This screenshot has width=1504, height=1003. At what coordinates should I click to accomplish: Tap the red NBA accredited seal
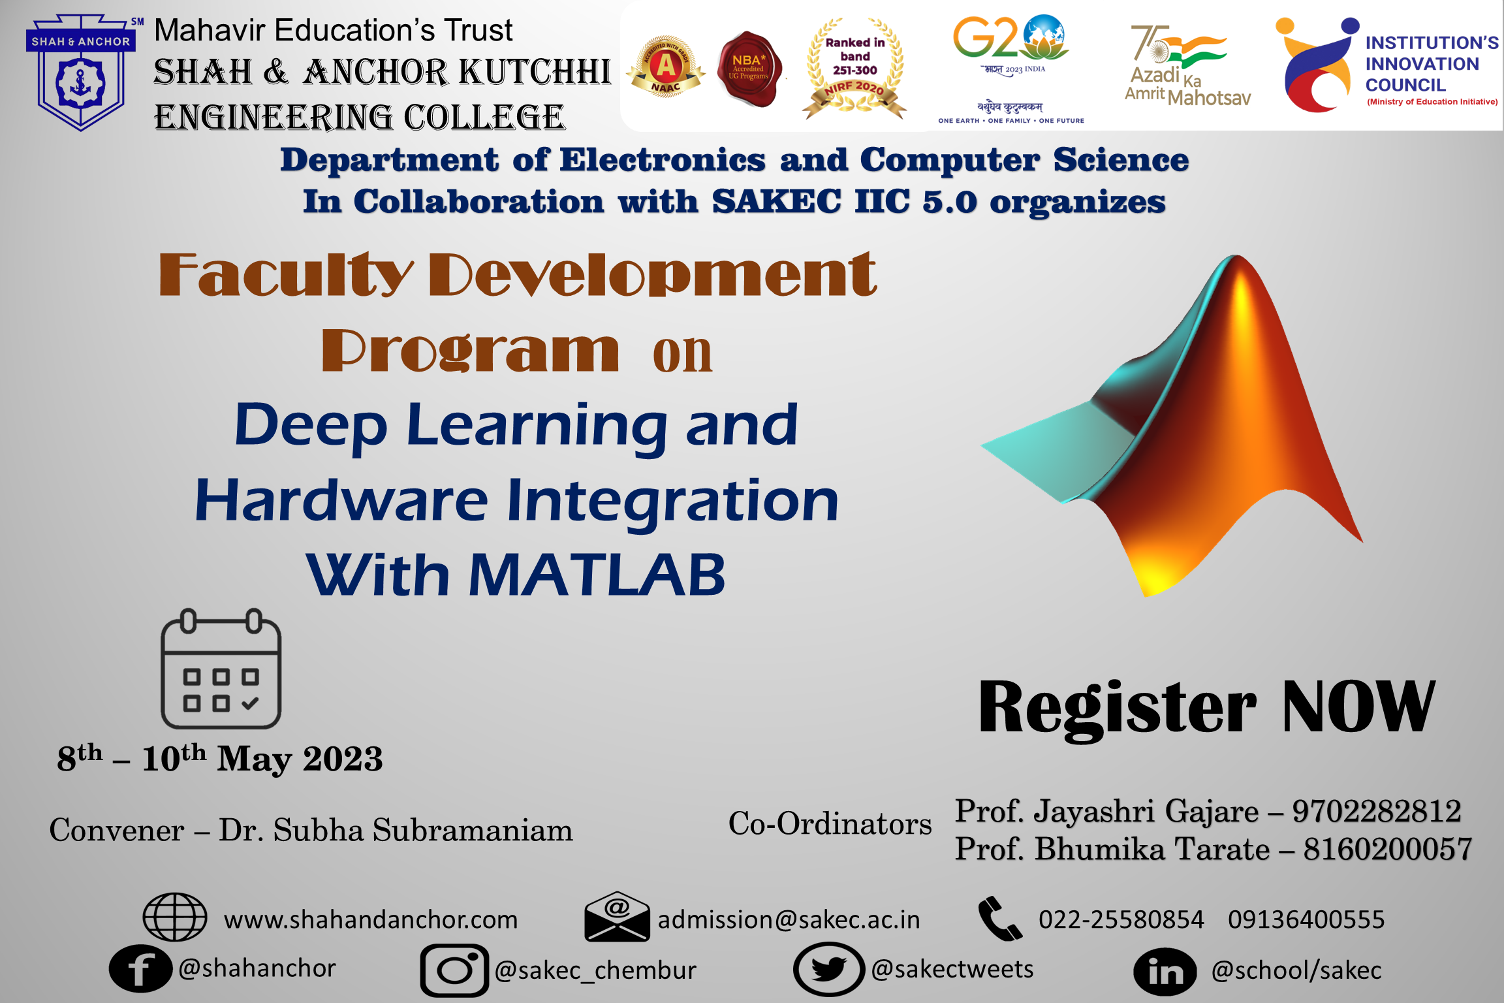click(749, 69)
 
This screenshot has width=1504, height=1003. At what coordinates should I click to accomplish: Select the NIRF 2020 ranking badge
click(855, 69)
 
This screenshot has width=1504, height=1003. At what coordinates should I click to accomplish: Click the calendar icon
click(221, 669)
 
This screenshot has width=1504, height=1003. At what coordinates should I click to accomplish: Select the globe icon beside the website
click(175, 917)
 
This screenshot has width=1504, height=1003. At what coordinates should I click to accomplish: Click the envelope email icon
click(617, 917)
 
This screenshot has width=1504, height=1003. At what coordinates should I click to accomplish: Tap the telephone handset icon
click(999, 918)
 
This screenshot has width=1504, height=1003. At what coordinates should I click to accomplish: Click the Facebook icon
click(140, 968)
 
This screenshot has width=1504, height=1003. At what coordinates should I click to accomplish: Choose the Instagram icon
click(454, 970)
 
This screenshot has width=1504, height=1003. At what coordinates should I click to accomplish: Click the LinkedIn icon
click(1165, 972)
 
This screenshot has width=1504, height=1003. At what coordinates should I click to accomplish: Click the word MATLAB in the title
click(597, 575)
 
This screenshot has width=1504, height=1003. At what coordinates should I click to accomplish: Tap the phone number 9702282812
click(1377, 811)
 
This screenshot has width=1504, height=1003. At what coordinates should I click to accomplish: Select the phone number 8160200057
click(1388, 850)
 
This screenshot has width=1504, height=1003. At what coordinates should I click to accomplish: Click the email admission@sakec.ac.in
click(789, 919)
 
